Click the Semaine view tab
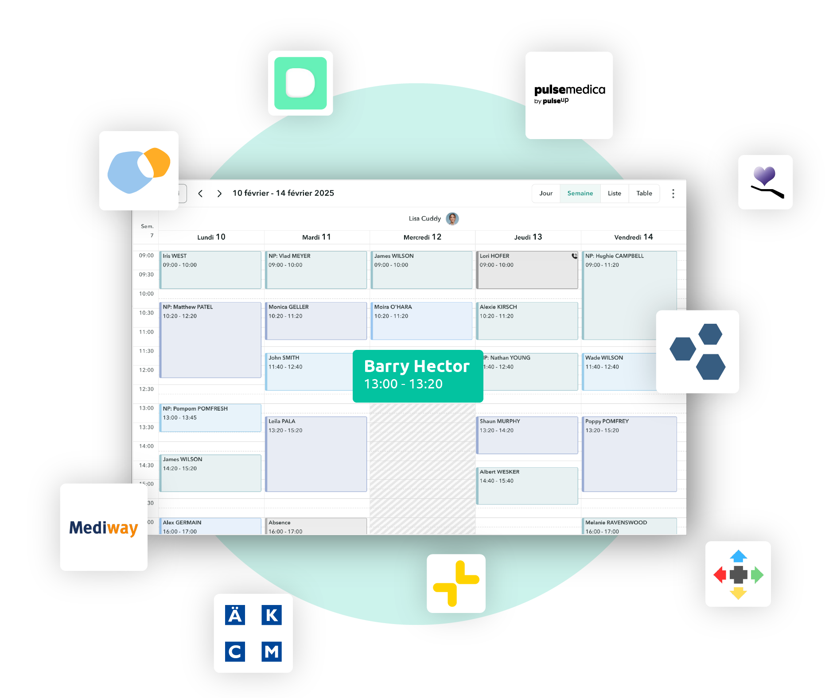pyautogui.click(x=580, y=194)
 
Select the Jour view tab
pyautogui.click(x=546, y=194)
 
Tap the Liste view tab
pyautogui.click(x=614, y=194)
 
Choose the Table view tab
pyautogui.click(x=644, y=194)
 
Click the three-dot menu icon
pyautogui.click(x=673, y=194)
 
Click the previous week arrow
pyautogui.click(x=200, y=194)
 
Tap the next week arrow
pyautogui.click(x=219, y=194)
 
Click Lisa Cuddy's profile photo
pyautogui.click(x=452, y=218)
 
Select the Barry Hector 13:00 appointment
pyautogui.click(x=417, y=376)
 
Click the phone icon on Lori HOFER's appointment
pyautogui.click(x=574, y=256)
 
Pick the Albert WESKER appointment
pyautogui.click(x=527, y=485)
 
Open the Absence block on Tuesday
pyautogui.click(x=315, y=526)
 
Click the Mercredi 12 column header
pyautogui.click(x=422, y=237)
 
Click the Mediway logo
pyautogui.click(x=104, y=527)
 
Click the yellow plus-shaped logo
pyautogui.click(x=456, y=583)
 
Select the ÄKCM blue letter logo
pyautogui.click(x=253, y=633)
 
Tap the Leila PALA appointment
pyautogui.click(x=315, y=454)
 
